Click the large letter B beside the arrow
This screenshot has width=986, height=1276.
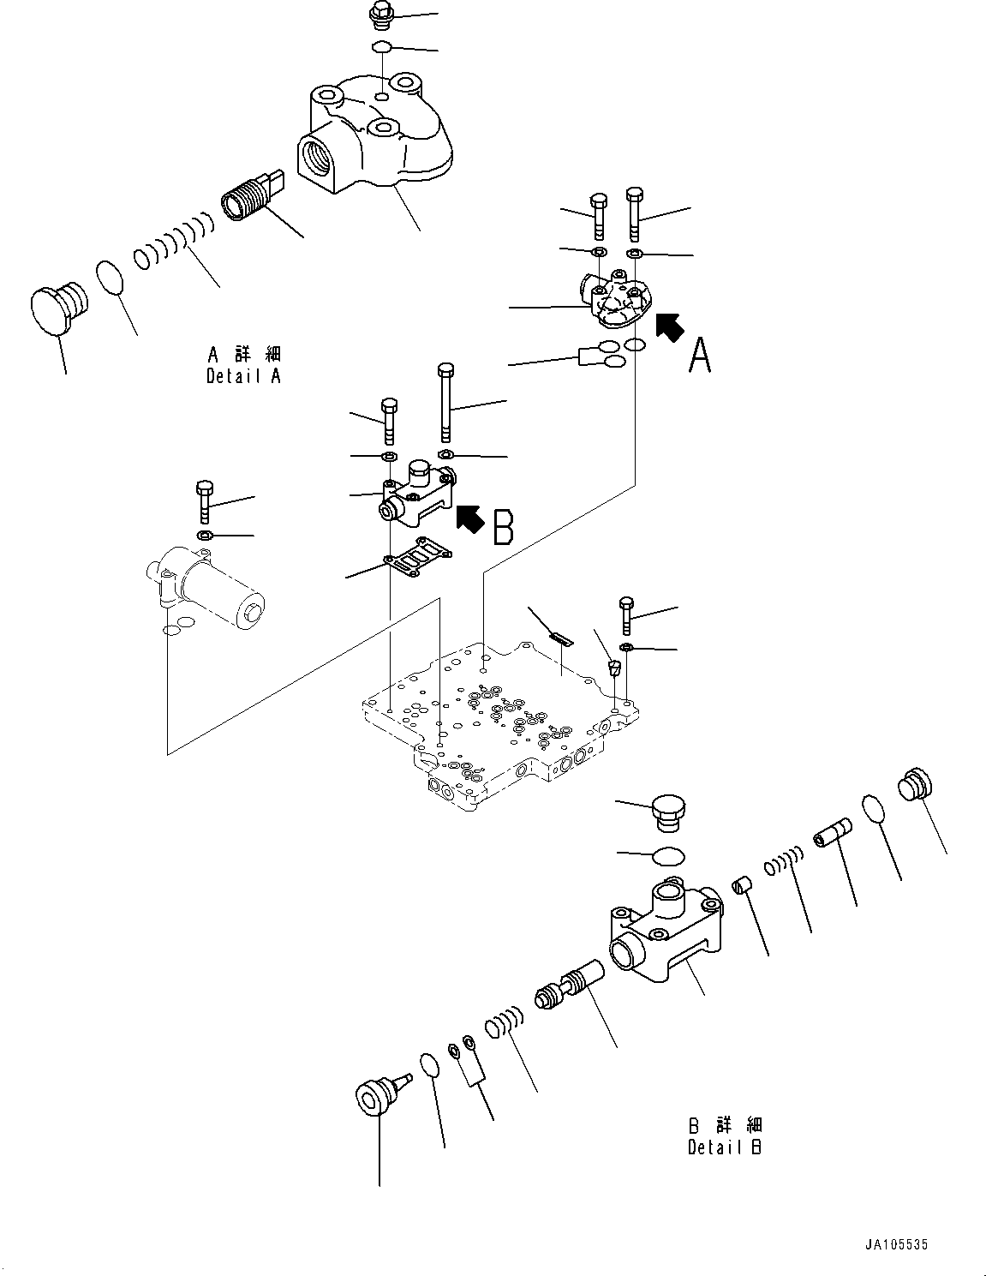(504, 527)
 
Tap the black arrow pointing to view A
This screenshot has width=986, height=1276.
(670, 326)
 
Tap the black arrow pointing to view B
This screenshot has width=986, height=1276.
(469, 518)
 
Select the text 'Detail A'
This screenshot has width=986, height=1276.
(243, 375)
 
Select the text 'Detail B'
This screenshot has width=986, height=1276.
(724, 1147)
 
